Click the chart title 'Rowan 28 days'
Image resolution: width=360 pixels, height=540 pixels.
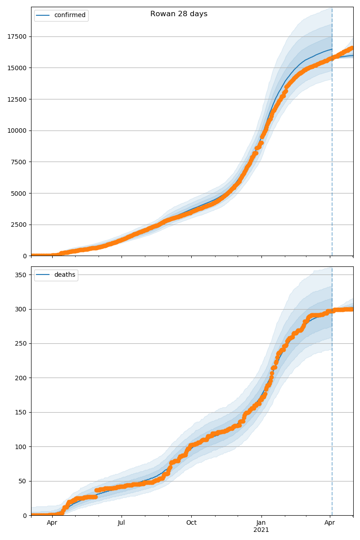pos(179,14)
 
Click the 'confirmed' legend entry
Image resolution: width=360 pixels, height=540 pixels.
pos(69,15)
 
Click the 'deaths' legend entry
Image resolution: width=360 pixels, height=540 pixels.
pos(64,275)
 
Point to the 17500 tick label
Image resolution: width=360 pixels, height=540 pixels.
pos(17,36)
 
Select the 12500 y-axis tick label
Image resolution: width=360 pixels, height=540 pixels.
pos(17,99)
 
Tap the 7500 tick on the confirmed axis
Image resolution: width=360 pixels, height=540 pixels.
pos(18,162)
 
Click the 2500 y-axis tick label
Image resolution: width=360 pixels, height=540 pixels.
pos(18,225)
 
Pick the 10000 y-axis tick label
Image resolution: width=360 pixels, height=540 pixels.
pos(17,130)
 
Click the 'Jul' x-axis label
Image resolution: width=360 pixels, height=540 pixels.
pos(121,523)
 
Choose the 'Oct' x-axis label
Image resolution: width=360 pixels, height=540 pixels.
pos(191,523)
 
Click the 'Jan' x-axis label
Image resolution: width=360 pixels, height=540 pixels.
pos(261,523)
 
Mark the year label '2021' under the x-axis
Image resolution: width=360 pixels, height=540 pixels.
pos(261,530)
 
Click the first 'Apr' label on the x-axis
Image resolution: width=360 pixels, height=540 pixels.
pos(52,523)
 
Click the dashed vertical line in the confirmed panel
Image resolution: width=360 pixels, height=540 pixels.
pos(332,135)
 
